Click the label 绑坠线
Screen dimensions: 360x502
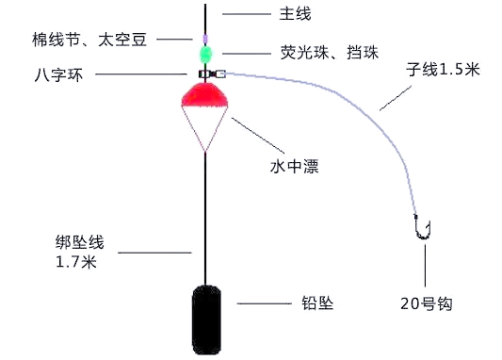tap(78, 243)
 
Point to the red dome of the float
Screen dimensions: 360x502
tap(206, 91)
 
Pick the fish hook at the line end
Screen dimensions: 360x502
tap(423, 227)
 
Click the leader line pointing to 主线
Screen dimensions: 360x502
tap(246, 14)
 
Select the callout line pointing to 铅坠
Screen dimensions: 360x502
tap(265, 303)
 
